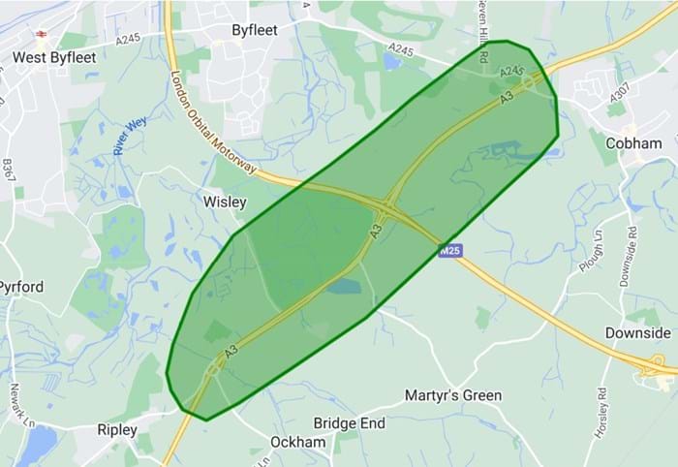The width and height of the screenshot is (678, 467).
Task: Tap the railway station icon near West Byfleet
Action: tap(42, 33)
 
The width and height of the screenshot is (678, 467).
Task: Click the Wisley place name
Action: tap(225, 202)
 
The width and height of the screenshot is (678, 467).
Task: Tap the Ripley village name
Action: tap(117, 429)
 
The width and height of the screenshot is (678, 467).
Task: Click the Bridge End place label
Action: tap(349, 423)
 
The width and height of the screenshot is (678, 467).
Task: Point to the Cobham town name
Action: tap(633, 143)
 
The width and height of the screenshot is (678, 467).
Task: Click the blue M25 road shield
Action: tap(450, 250)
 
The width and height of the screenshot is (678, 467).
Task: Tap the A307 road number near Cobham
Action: tap(621, 98)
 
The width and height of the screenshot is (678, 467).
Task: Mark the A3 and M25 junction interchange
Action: tap(389, 206)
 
